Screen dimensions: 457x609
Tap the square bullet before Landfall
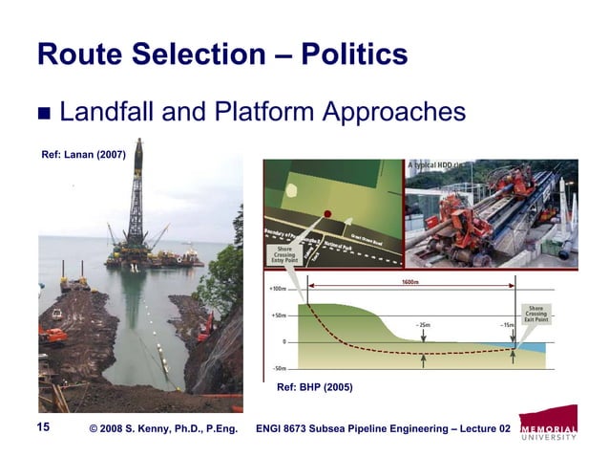(x=44, y=116)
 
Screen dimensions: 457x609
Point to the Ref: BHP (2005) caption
(x=315, y=388)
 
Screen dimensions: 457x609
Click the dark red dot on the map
(x=326, y=213)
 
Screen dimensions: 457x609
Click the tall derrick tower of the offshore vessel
(x=136, y=196)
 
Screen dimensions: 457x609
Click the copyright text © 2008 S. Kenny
(x=162, y=428)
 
